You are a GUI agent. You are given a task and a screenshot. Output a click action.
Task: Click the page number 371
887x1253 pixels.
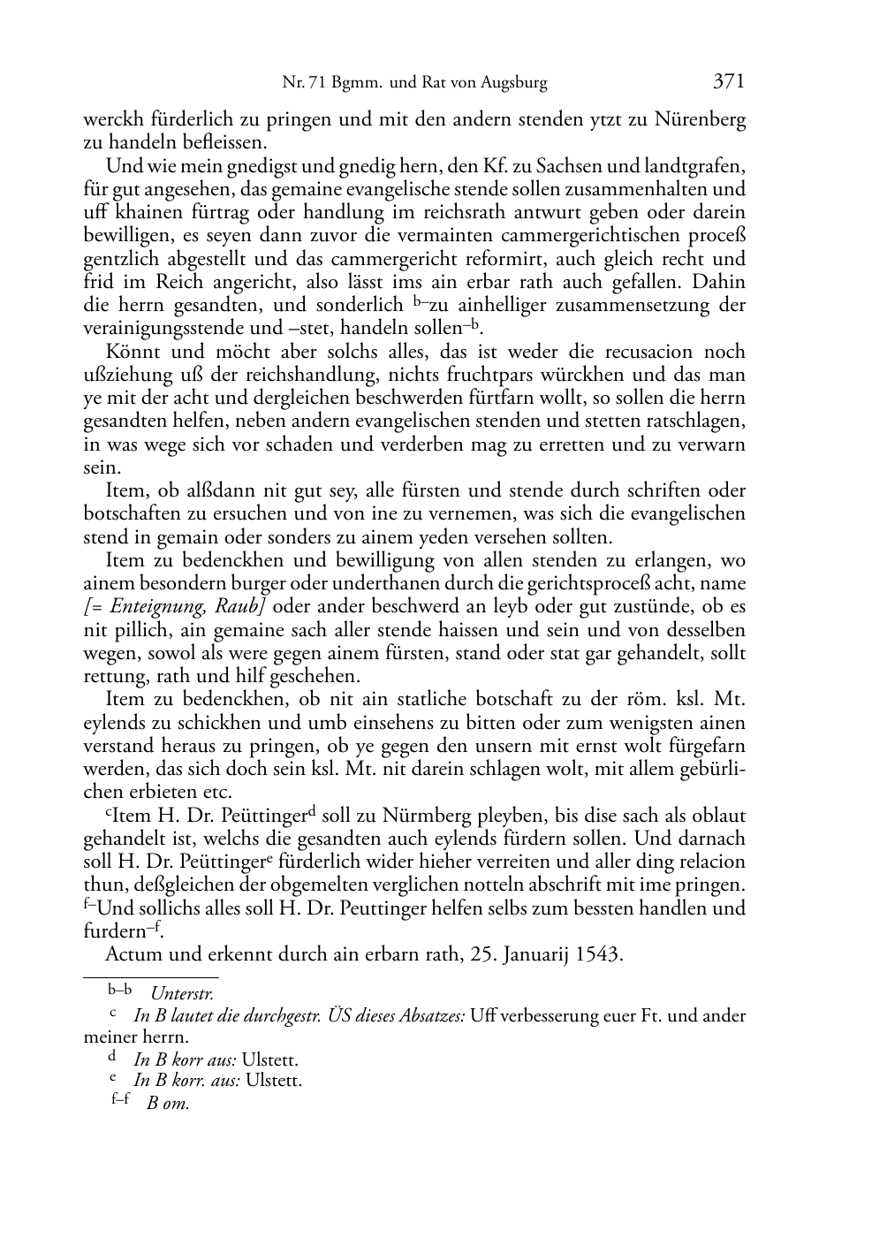pos(729,81)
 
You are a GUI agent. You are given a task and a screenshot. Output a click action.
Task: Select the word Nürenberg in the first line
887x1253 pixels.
pos(701,119)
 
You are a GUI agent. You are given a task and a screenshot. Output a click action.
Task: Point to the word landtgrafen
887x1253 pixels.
pos(697,166)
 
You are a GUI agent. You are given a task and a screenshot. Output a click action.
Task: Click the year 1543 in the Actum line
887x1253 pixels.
pos(599,954)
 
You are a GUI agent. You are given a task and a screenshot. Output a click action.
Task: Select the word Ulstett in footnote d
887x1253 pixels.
pos(269,1059)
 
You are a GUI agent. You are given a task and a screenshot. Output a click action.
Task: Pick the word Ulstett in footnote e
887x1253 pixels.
pos(274,1081)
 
